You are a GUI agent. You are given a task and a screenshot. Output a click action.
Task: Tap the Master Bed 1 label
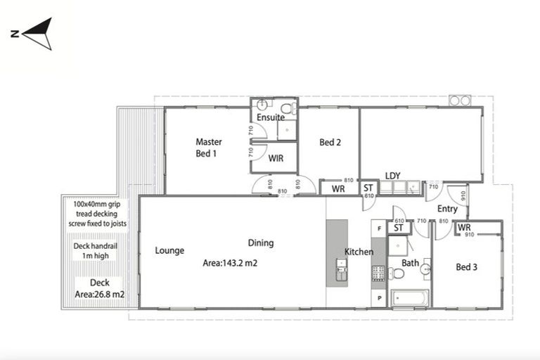(209, 147)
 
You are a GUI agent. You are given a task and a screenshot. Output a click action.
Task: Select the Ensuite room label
(270, 117)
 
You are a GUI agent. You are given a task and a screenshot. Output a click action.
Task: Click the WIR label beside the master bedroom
(276, 159)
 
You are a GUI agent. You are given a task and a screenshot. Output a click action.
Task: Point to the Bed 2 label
(330, 142)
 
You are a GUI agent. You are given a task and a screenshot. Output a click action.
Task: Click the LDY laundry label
(392, 176)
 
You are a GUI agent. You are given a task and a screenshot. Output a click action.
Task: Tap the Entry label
(447, 209)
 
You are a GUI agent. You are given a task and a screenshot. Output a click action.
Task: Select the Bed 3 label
(467, 267)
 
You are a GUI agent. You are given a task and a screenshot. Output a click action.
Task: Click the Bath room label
(410, 264)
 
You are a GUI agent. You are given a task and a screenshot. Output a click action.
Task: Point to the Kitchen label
(359, 252)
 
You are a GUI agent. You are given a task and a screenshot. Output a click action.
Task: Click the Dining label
(261, 243)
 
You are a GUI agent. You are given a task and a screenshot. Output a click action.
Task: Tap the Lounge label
(169, 250)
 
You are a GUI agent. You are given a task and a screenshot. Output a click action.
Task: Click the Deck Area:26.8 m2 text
(99, 288)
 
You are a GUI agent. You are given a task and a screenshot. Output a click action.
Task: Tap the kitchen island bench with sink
(337, 252)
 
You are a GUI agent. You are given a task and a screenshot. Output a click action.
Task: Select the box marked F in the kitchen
(379, 229)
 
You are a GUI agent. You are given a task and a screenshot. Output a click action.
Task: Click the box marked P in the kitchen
(379, 297)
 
